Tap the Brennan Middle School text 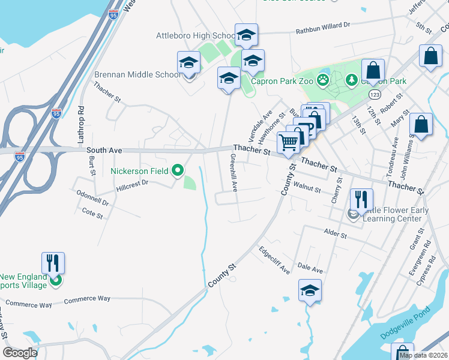137,75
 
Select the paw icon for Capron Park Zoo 324,80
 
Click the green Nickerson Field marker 177,171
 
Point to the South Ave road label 104,151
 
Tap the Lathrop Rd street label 81,124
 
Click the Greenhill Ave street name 234,172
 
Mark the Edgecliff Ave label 274,260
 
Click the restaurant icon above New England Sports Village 53,262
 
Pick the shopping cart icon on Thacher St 288,142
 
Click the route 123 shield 374,95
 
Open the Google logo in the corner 20,353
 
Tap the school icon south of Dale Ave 310,290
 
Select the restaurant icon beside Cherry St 360,199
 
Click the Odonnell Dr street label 92,199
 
